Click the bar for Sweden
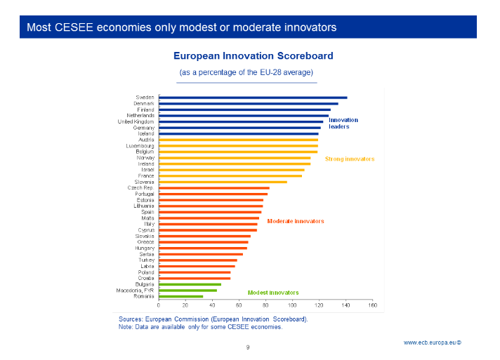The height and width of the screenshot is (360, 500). tap(253, 98)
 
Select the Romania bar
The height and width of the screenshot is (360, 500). tap(180, 296)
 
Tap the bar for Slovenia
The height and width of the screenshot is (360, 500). tap(223, 182)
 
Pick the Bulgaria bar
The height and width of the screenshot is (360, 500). tap(190, 284)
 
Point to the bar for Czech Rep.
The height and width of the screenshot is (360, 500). tap(214, 188)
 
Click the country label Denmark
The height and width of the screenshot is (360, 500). tap(144, 104)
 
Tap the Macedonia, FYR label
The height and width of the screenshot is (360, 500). tap(136, 290)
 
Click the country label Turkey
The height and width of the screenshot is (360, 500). tap(146, 260)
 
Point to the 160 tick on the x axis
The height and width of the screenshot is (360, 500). tap(372, 305)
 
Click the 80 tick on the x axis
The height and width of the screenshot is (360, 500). tap(265, 305)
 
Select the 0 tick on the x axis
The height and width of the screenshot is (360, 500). tap(159, 305)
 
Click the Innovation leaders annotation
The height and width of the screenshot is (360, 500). tap(343, 124)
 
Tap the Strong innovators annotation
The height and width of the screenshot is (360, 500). tap(350, 159)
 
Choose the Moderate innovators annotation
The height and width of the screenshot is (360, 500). tap(296, 221)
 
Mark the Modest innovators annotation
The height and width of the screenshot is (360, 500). tap(273, 293)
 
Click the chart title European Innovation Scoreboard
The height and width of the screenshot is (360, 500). tap(253, 55)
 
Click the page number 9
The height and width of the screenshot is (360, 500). tap(247, 347)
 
